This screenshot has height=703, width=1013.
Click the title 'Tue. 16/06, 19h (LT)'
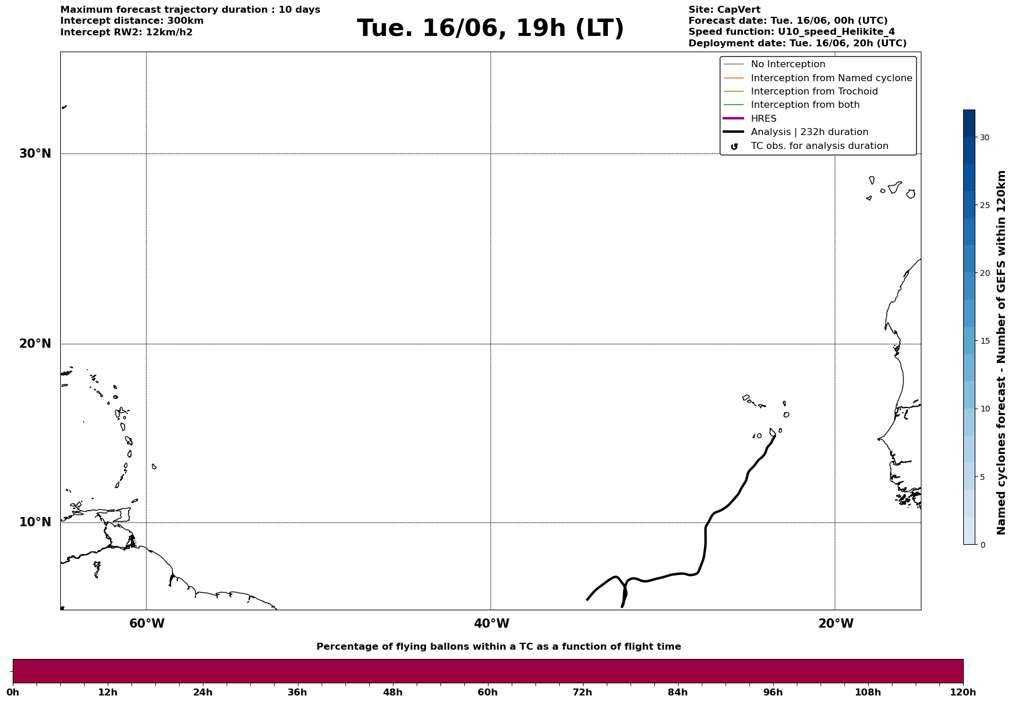point(490,28)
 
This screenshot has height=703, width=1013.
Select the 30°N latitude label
point(35,154)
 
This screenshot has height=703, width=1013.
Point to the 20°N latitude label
point(35,344)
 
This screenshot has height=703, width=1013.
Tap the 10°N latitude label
point(35,522)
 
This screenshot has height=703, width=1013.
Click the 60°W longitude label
point(147,624)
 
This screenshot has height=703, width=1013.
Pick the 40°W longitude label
point(491,624)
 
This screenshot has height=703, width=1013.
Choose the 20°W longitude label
point(836,624)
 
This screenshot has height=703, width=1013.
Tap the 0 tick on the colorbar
point(982,545)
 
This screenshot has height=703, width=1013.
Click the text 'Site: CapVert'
point(724,10)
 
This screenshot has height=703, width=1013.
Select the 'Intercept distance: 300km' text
point(132,21)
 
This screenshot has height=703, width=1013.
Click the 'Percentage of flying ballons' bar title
point(498,647)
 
